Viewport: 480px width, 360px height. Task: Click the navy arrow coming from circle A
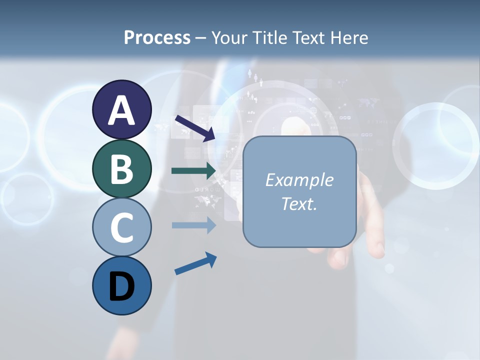click(x=194, y=128)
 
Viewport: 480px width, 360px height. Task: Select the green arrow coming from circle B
click(x=193, y=171)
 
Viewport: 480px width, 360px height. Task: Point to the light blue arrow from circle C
click(x=193, y=225)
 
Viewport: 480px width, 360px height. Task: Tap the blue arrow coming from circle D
click(x=195, y=263)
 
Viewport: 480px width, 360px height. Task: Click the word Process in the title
click(x=157, y=38)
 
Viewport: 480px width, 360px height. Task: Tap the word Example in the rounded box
click(x=299, y=180)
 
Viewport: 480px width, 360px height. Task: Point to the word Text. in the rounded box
click(x=299, y=203)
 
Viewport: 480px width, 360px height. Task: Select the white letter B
click(x=121, y=169)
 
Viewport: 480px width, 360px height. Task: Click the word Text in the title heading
click(x=307, y=38)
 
